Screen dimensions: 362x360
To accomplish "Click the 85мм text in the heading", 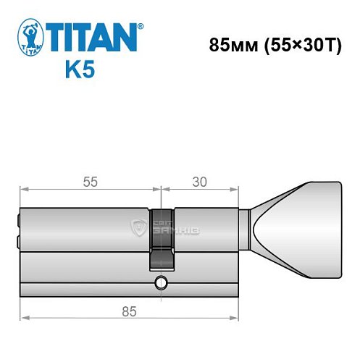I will point(230,45).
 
